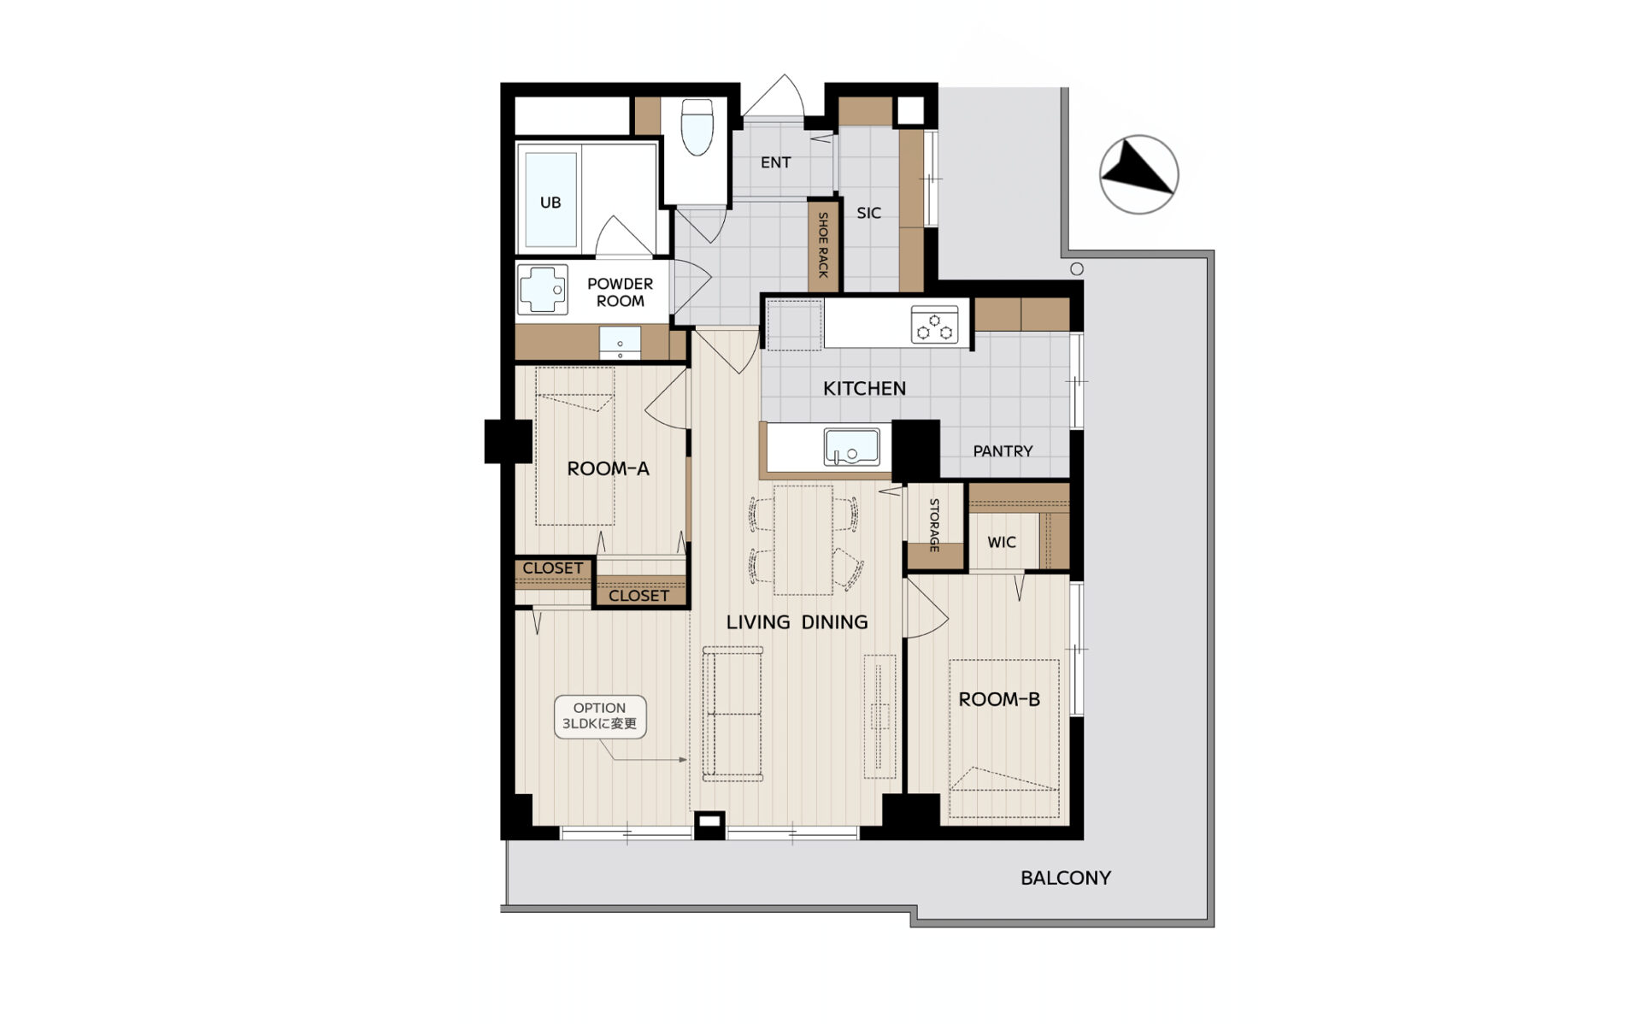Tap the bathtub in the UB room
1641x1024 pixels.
[550, 200]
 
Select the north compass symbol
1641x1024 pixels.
[1138, 174]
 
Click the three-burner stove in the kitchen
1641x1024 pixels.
[934, 325]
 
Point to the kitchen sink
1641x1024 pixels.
[851, 446]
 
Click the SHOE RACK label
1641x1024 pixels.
[823, 245]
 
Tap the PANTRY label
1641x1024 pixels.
[1003, 450]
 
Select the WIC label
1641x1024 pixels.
[1002, 542]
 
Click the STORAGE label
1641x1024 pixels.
[934, 525]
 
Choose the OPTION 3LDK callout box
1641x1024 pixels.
[599, 716]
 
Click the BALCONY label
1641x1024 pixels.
[1066, 878]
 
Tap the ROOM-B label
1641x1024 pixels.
[999, 699]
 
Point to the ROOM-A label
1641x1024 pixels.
[608, 468]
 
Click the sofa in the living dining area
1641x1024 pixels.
[732, 714]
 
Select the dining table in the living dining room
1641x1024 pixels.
[803, 539]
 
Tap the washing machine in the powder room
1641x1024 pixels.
[542, 290]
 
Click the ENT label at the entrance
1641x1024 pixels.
[776, 162]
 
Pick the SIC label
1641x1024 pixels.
[868, 213]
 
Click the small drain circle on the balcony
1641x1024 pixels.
[1077, 268]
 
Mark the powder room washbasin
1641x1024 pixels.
[620, 343]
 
